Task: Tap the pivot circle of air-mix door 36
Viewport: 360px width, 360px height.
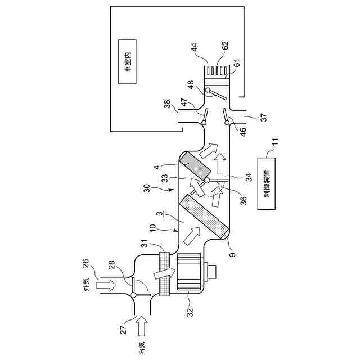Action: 208,181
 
